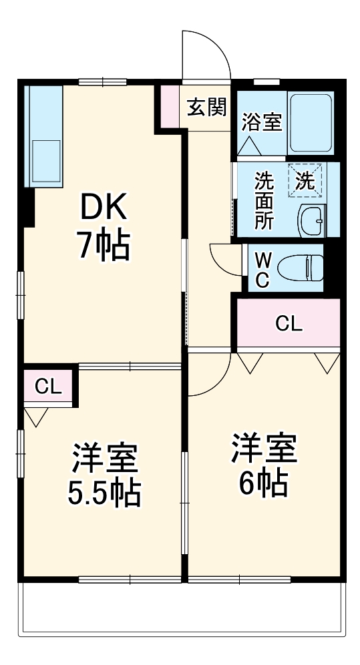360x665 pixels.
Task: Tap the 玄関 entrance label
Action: click(206, 107)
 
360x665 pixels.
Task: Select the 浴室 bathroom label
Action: click(261, 122)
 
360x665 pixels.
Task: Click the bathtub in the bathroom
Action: click(311, 122)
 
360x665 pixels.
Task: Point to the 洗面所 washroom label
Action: click(264, 201)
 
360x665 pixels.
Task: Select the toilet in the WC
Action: click(301, 268)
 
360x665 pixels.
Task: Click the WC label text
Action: click(263, 268)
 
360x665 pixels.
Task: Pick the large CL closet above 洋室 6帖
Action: click(289, 324)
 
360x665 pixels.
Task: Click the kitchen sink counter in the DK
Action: click(43, 137)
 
